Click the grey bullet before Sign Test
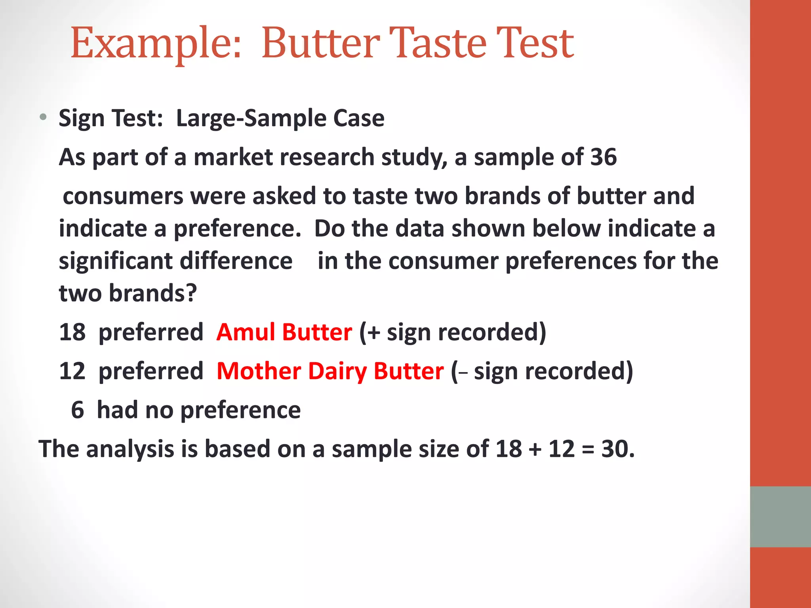pos(43,117)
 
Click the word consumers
pos(123,196)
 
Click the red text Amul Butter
pos(284,332)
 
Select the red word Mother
pos(259,371)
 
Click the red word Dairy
pos(338,371)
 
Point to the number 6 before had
pos(77,410)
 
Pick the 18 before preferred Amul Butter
pos(72,332)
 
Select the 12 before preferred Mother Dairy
pos(72,371)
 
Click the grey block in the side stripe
pos(780,517)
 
